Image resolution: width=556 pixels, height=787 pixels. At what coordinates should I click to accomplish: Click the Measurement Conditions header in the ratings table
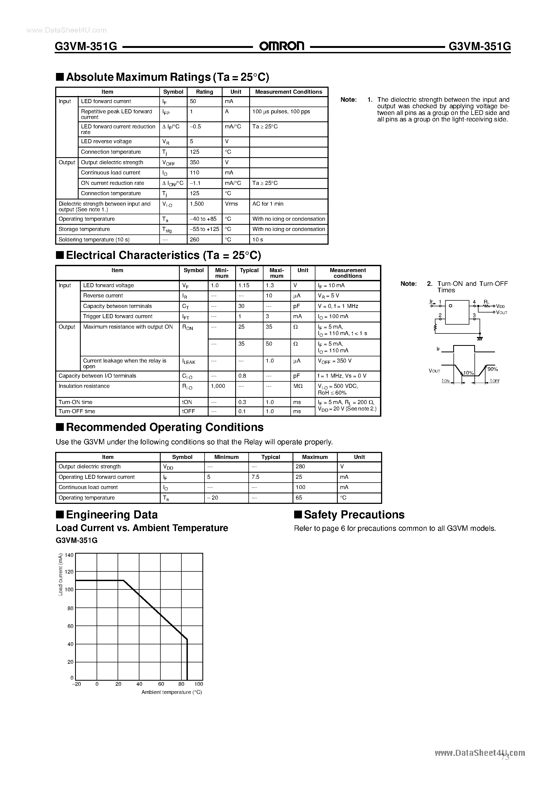pyautogui.click(x=288, y=92)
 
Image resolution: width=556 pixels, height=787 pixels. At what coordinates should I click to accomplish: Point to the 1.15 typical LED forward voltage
pyautogui.click(x=244, y=286)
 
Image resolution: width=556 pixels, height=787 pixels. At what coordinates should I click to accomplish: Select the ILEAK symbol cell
pyautogui.click(x=189, y=362)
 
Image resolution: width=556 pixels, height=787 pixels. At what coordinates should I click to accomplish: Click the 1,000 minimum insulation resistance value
pyautogui.click(x=218, y=386)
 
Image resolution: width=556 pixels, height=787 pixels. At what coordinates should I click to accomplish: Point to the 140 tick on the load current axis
pyautogui.click(x=69, y=555)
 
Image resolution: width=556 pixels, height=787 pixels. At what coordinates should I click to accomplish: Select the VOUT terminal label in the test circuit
pyautogui.click(x=501, y=312)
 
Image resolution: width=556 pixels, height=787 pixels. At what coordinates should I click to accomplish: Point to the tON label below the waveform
pyautogui.click(x=445, y=381)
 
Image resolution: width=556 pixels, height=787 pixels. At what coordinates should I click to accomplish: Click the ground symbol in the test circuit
pyautogui.click(x=480, y=338)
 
